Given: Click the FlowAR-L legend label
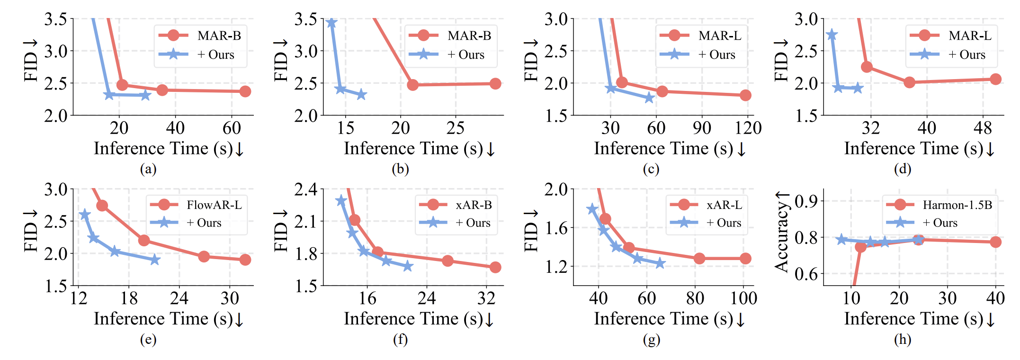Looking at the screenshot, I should pos(214,205).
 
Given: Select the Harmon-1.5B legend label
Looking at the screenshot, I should pos(957,205).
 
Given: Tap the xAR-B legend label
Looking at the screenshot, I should pos(474,205).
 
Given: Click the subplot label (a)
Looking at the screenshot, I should pos(148,169).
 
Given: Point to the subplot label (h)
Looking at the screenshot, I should pos(903,339).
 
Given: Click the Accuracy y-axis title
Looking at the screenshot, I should pos(782,232).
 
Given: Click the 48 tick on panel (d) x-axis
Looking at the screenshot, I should pos(983,128).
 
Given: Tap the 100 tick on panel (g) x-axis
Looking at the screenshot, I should pos(743,298).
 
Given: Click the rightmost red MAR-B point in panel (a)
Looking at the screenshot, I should pos(245,91).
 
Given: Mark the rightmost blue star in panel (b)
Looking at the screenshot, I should pos(361,95).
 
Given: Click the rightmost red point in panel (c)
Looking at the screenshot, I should pos(745,95).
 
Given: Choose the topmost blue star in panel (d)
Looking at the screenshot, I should pos(832,35).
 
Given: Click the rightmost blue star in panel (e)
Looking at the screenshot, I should pos(155,260).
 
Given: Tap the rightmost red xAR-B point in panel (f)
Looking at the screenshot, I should pos(495,268).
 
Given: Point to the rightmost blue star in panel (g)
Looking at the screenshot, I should pos(660,263).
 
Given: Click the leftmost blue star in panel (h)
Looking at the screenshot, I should pos(841,239).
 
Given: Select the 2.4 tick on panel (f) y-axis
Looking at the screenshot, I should pos(306,189).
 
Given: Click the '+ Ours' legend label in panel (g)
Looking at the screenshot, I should pos(724,223).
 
